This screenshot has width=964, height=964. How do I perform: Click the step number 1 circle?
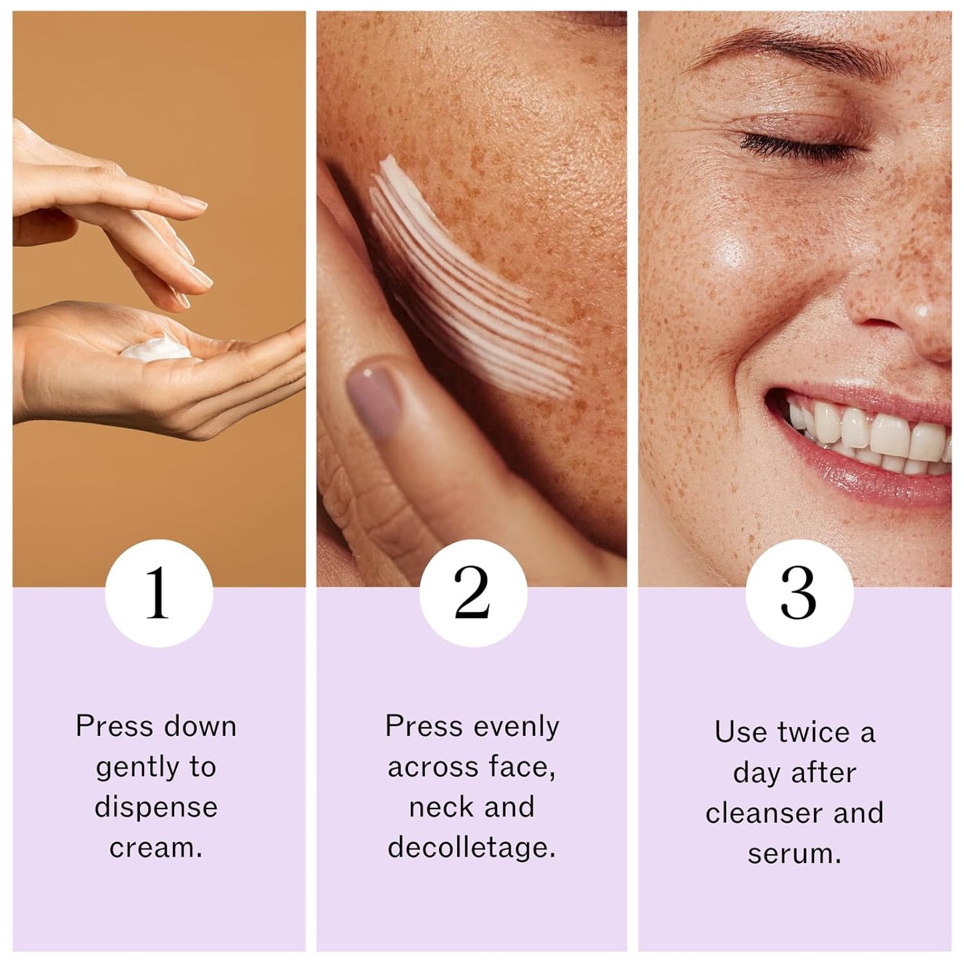pyautogui.click(x=159, y=592)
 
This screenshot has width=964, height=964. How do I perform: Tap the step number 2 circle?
pyautogui.click(x=473, y=592)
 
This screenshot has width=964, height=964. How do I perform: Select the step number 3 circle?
pyautogui.click(x=799, y=592)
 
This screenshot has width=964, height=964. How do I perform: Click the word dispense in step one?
pyautogui.click(x=156, y=807)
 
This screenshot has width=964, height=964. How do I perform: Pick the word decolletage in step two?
pyautogui.click(x=472, y=848)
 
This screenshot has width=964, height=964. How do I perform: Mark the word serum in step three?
pyautogui.click(x=794, y=854)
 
